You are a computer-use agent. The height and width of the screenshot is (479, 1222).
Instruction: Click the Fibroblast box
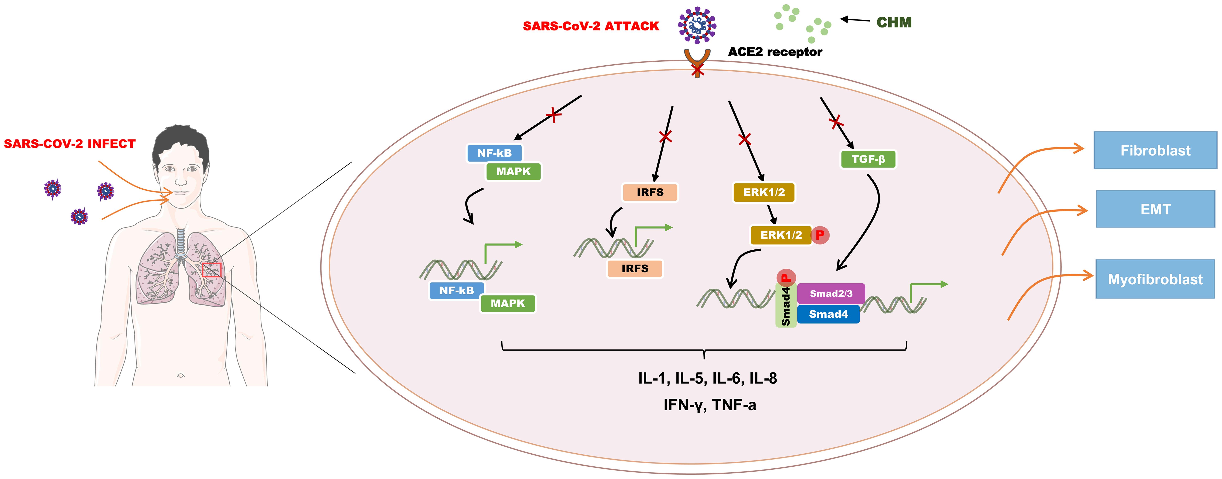pyautogui.click(x=1155, y=150)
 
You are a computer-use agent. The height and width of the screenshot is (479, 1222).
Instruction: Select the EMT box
pyautogui.click(x=1155, y=209)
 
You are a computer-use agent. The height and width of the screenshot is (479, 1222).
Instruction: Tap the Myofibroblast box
pyautogui.click(x=1155, y=279)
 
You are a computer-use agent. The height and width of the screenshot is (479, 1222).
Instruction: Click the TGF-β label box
pyautogui.click(x=868, y=159)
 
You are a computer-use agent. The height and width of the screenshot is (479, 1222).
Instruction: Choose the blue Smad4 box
pyautogui.click(x=828, y=314)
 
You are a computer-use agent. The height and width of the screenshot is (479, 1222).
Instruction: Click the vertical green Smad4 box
pyautogui.click(x=786, y=306)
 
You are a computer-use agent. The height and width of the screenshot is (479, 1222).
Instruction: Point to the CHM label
pyautogui.click(x=894, y=22)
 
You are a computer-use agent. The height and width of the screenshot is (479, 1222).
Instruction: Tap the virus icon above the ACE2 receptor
pyautogui.click(x=697, y=25)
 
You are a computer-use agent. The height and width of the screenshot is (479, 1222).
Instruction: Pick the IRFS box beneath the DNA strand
pyautogui.click(x=635, y=268)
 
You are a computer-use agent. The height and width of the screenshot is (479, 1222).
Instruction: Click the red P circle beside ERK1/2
pyautogui.click(x=820, y=235)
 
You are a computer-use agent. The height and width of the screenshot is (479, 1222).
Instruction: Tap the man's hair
pyautogui.click(x=180, y=140)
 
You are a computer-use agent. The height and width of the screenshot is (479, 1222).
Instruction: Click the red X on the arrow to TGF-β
pyautogui.click(x=836, y=122)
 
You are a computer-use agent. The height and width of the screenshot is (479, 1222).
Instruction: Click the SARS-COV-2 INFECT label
pyautogui.click(x=70, y=144)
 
